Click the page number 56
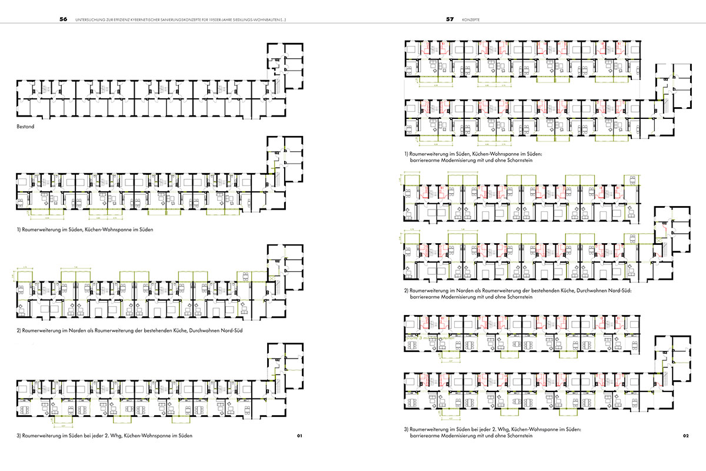click(64, 19)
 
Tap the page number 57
click(449, 19)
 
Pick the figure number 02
click(685, 436)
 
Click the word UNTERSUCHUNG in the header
click(88, 19)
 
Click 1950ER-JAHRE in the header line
click(240, 19)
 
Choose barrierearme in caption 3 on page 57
click(426, 436)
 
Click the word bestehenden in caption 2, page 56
click(153, 330)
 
